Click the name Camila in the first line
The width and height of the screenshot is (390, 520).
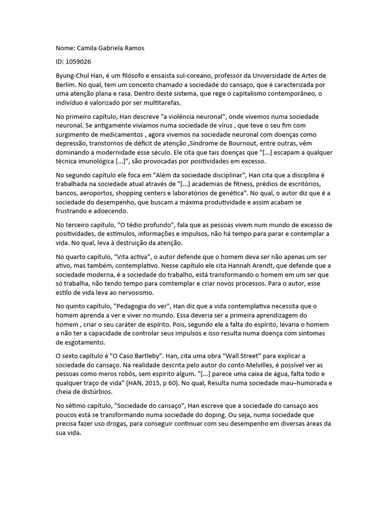tap(88, 48)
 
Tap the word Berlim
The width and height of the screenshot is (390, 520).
tap(67, 85)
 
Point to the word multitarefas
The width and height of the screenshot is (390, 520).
tap(153, 103)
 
